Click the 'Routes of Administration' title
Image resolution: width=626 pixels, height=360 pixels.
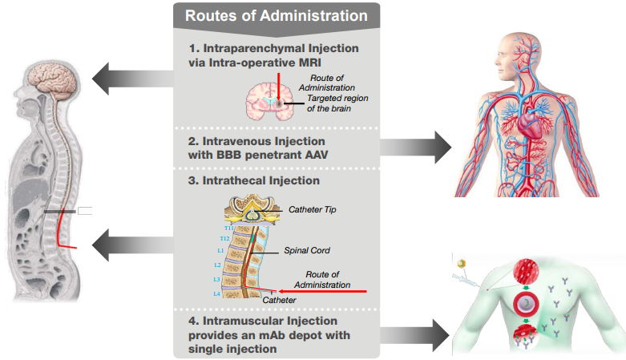click(x=277, y=15)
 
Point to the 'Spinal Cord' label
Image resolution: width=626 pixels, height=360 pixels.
click(x=307, y=250)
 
